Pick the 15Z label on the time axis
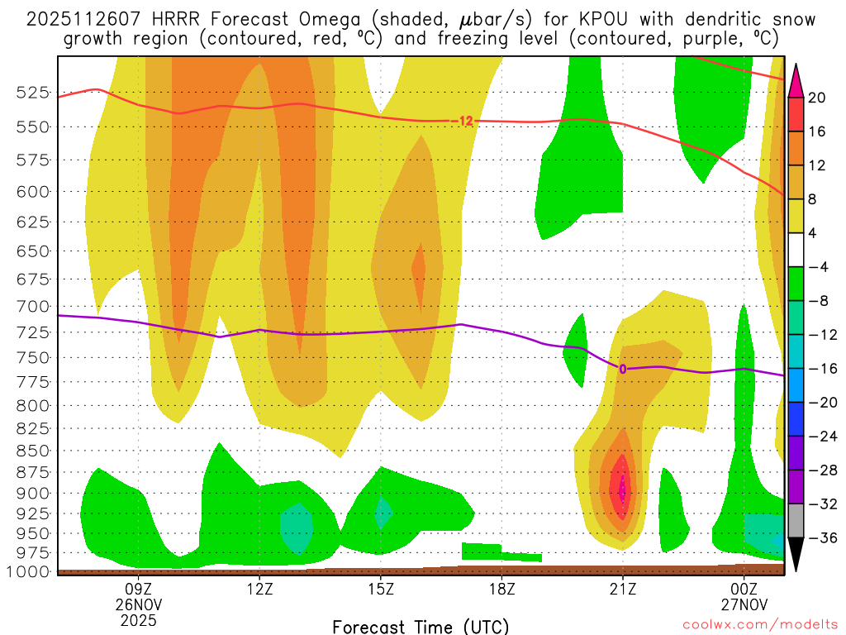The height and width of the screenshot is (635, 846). pyautogui.click(x=380, y=590)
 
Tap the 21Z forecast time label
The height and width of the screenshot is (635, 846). pyautogui.click(x=623, y=590)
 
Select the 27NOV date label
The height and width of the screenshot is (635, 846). pyautogui.click(x=744, y=604)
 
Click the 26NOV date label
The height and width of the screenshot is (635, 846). pyautogui.click(x=138, y=604)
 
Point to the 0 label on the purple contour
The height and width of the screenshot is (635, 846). pyautogui.click(x=622, y=369)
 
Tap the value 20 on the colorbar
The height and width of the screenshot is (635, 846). pyautogui.click(x=817, y=98)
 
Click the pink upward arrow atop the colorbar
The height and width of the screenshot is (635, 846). pyautogui.click(x=796, y=80)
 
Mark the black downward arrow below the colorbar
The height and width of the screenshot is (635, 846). pyautogui.click(x=796, y=555)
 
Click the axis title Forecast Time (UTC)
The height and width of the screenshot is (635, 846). pyautogui.click(x=421, y=626)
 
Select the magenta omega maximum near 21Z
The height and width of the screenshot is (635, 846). pyautogui.click(x=622, y=489)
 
